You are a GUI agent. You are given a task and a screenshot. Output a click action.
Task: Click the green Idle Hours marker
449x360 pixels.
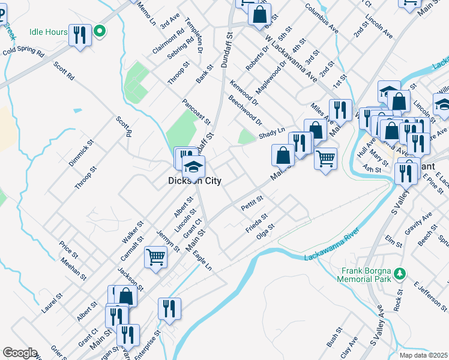point(100,31)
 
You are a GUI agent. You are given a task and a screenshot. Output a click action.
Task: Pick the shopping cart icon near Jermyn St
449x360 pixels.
point(155,257)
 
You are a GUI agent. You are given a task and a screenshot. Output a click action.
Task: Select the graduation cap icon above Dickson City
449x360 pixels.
point(193,166)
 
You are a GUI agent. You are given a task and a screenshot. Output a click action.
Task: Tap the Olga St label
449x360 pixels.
point(265,232)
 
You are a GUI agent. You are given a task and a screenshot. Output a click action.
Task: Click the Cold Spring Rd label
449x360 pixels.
point(23,53)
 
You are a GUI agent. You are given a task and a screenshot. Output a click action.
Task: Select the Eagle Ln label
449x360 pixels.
point(202,260)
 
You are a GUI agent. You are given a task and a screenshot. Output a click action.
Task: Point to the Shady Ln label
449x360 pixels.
point(271,136)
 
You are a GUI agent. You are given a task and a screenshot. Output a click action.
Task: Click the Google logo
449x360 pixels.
point(20,353)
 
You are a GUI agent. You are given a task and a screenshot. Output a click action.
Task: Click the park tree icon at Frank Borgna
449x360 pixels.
point(398,274)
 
